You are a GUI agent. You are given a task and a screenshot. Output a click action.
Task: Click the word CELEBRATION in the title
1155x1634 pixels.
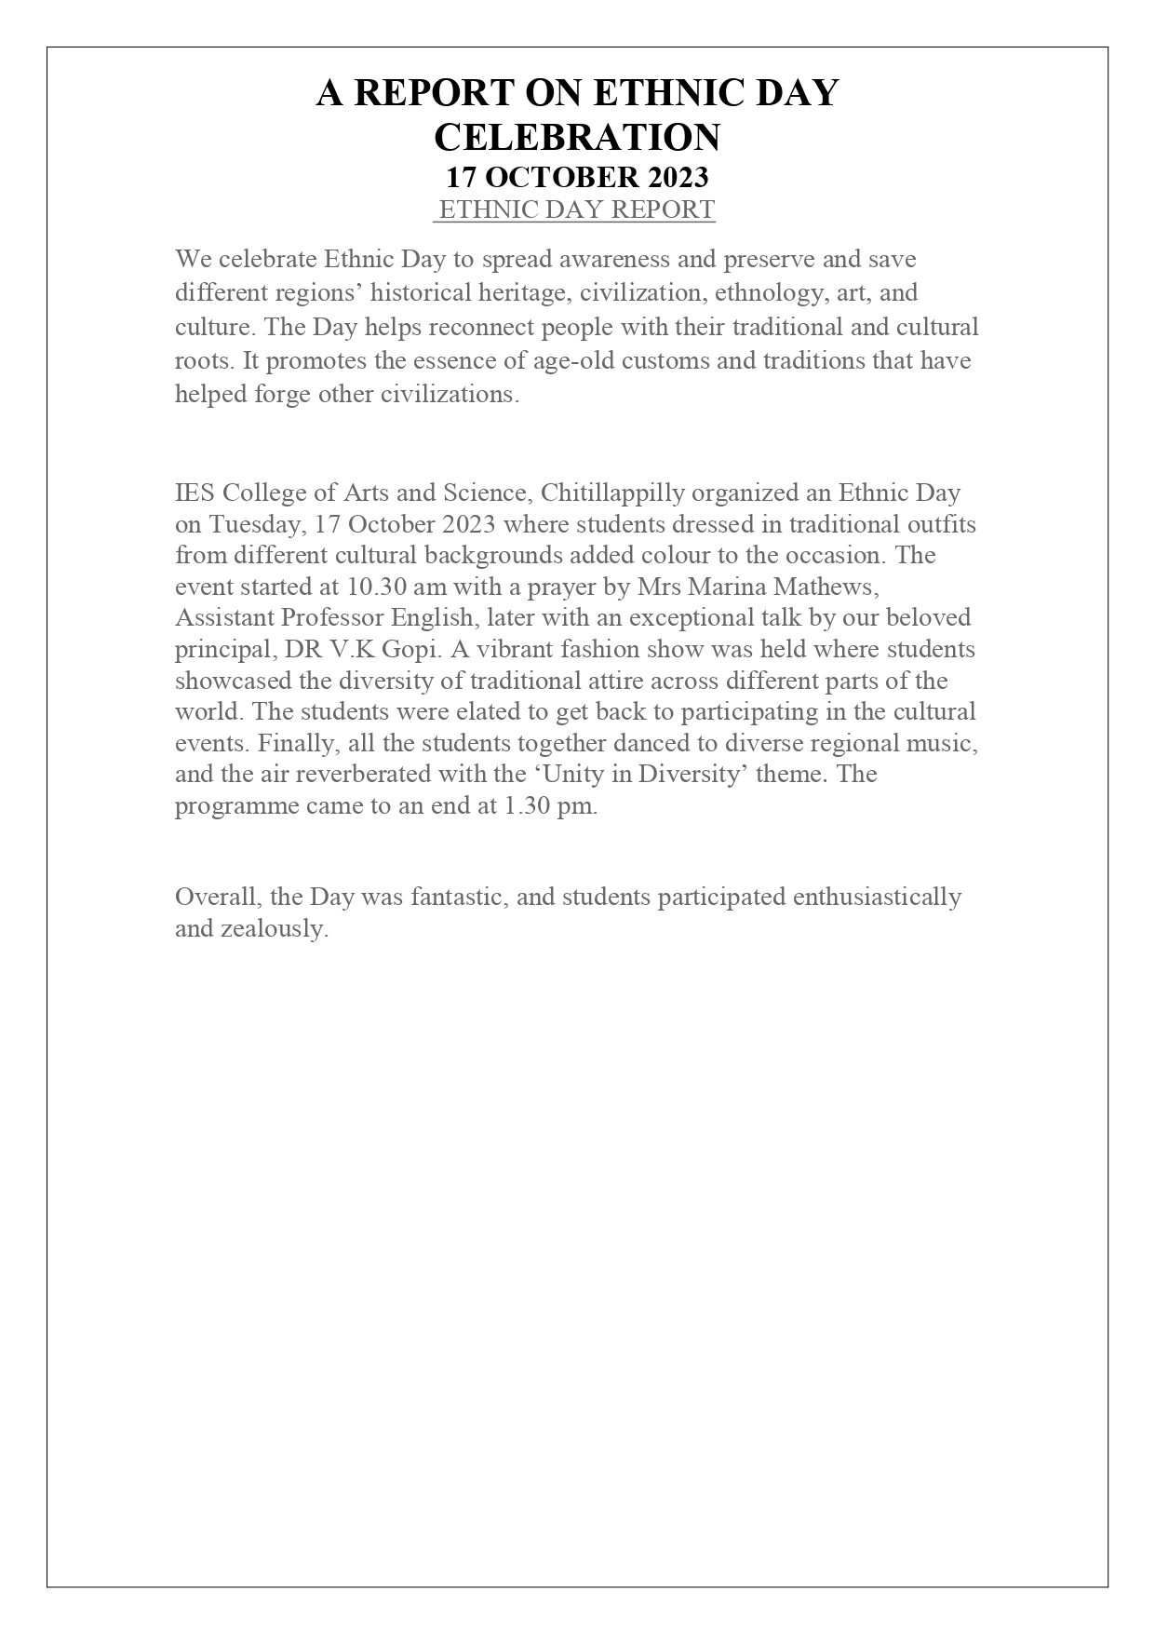pyautogui.click(x=577, y=137)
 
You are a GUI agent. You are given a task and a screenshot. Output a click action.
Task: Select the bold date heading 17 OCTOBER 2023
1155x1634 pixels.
pyautogui.click(x=577, y=177)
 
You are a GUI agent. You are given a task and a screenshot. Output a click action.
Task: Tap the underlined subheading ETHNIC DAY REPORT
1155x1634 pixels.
pyautogui.click(x=576, y=209)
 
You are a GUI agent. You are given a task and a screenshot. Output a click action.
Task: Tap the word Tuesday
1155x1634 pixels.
pyautogui.click(x=258, y=524)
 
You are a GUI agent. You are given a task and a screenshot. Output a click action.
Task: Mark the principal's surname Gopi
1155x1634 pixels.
pyautogui.click(x=410, y=650)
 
